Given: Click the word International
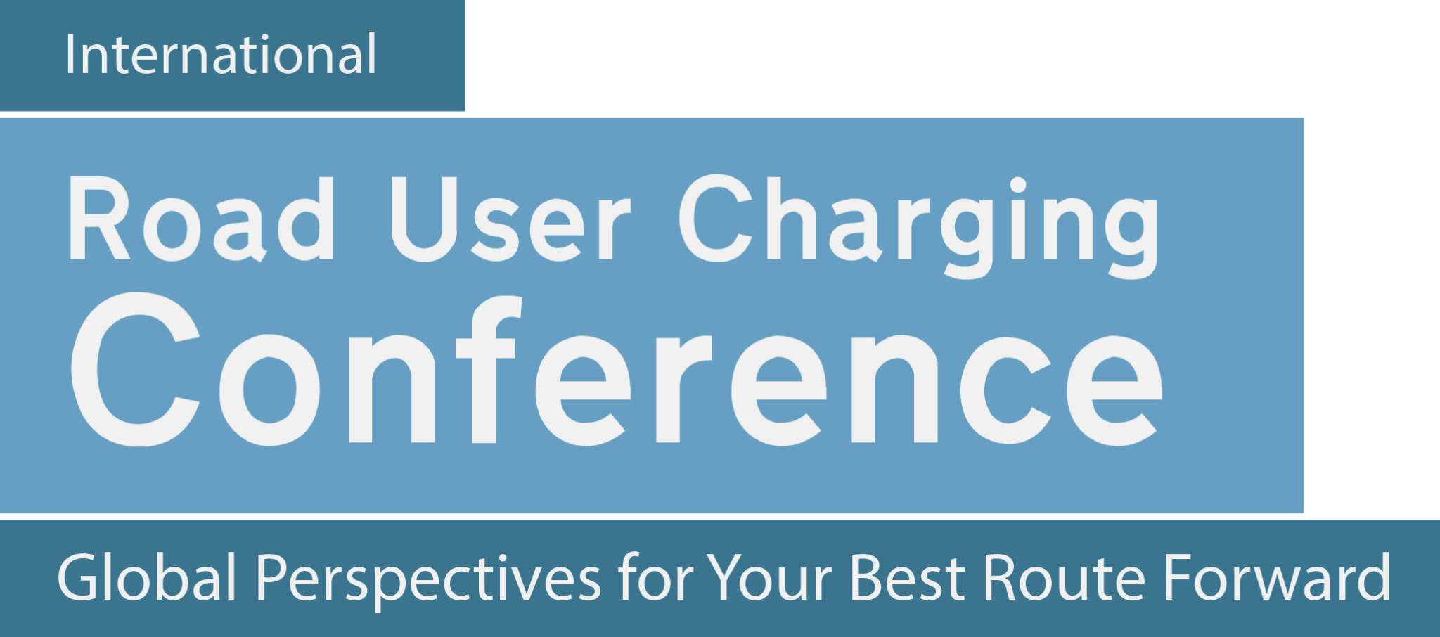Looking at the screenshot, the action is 221,54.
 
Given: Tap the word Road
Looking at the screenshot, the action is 202,219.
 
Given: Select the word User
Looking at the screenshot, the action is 510,219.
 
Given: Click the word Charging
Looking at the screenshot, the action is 918,226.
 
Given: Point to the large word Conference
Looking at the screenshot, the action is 616,370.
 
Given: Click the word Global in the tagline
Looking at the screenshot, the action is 147,577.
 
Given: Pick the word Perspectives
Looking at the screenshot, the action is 428,580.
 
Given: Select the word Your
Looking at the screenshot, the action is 769,577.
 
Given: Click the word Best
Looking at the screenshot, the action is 908,577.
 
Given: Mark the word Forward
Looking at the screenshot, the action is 1277,577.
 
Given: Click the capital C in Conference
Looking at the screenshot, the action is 136,370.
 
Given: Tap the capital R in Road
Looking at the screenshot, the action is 99,219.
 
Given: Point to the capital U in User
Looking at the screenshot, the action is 424,219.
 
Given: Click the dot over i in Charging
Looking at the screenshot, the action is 1017,185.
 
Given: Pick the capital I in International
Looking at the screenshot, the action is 70,54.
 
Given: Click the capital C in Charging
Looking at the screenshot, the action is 717,218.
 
